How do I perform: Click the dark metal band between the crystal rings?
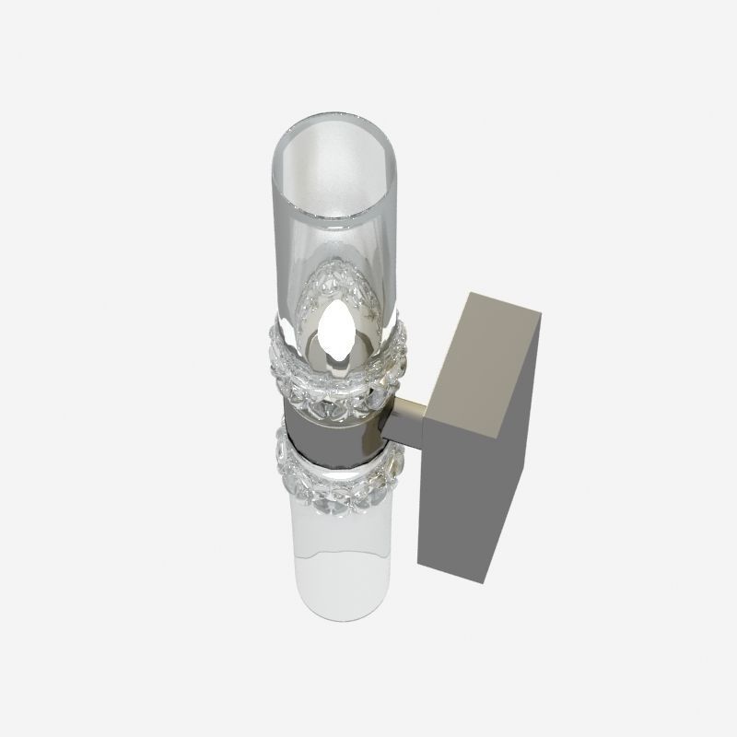click(x=332, y=431)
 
